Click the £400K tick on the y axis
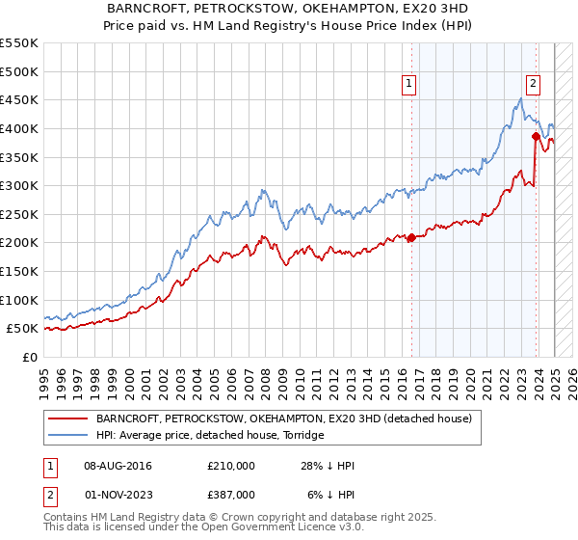coord(19,128)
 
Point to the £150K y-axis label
coord(19,271)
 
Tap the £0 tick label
coord(29,357)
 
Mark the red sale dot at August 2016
coord(411,237)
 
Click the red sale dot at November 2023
coord(536,136)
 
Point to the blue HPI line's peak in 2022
coord(520,98)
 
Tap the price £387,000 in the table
coord(231,494)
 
